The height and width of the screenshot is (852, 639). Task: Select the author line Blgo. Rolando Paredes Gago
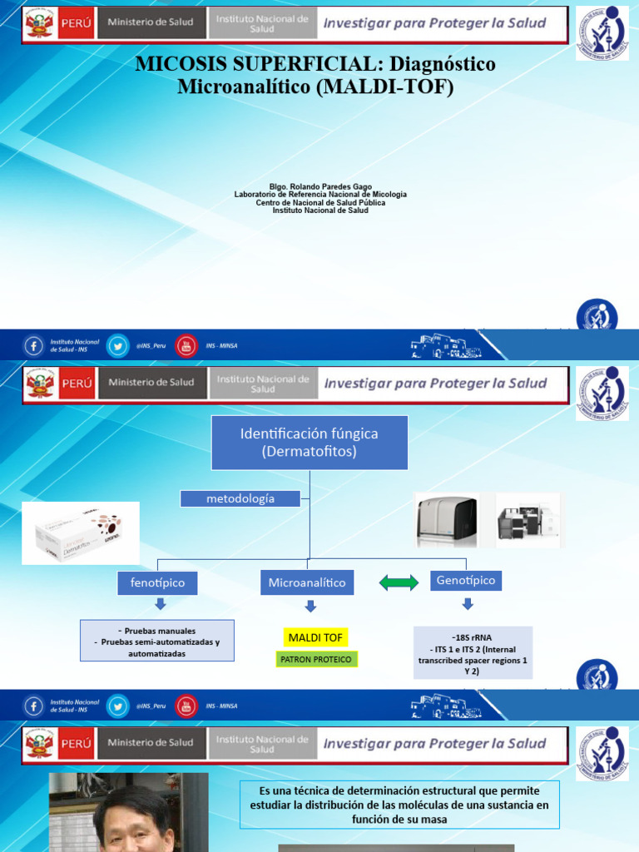(x=320, y=186)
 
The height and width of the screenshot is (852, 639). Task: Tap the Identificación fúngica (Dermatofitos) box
(x=309, y=443)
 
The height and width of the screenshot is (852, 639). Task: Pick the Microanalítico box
(x=307, y=583)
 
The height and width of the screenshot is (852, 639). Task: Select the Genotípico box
(x=465, y=581)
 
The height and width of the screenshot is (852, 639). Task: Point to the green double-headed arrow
(x=399, y=583)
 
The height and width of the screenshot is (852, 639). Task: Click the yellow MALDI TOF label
(x=315, y=638)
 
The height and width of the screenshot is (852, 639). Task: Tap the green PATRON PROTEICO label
(x=316, y=659)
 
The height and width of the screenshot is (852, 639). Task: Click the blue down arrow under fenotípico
(x=161, y=604)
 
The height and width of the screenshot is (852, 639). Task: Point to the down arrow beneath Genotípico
(x=467, y=603)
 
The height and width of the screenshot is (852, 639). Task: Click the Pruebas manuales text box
(x=157, y=641)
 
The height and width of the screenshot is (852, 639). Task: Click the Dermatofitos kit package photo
(x=81, y=533)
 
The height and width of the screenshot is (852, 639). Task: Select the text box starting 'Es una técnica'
(x=400, y=805)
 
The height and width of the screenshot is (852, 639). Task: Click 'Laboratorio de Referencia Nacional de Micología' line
(x=320, y=195)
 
